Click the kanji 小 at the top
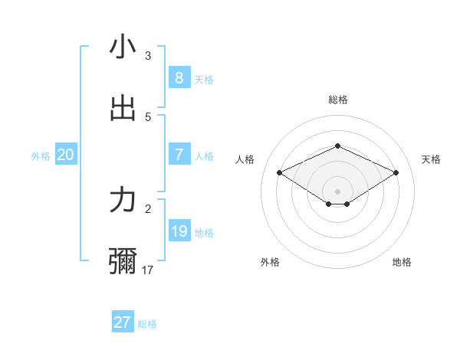(x=123, y=47)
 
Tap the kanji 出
(x=123, y=108)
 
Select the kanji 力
(x=123, y=200)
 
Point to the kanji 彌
(x=123, y=261)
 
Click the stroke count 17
(x=149, y=270)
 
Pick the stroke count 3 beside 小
(x=148, y=55)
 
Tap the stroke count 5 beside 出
(x=148, y=116)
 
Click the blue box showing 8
(x=179, y=77)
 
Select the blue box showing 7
(x=179, y=155)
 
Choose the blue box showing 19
(x=179, y=231)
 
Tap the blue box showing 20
(x=65, y=155)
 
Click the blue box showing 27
(x=122, y=322)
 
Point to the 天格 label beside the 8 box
(x=204, y=79)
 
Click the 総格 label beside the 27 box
(x=147, y=324)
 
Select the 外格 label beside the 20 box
(x=41, y=156)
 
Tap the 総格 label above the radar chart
(x=337, y=100)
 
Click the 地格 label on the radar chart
(x=402, y=262)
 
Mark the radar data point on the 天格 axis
(x=396, y=172)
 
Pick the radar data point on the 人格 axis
(x=279, y=172)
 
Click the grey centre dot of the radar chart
(x=337, y=191)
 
